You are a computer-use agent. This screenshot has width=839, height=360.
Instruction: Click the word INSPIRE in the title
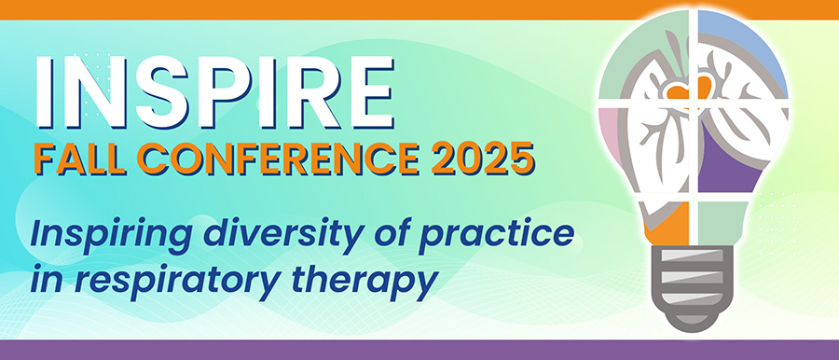pos(214,91)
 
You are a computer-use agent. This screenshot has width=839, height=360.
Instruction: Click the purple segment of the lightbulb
pos(730,160)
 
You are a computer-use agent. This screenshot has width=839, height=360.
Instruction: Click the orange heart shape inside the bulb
pos(690,89)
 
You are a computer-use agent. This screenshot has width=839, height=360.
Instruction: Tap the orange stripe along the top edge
pos(419,9)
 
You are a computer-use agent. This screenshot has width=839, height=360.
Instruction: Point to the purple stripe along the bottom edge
pos(419,350)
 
